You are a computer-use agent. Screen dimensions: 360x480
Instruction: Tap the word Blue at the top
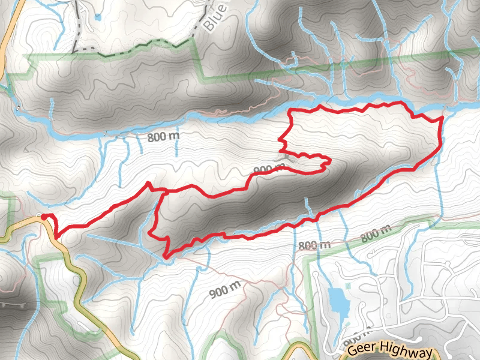[214, 19]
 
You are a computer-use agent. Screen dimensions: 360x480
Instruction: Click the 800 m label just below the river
[163, 137]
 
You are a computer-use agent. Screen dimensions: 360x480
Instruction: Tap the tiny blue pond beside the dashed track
[98, 17]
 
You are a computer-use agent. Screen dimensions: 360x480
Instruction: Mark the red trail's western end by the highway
[43, 217]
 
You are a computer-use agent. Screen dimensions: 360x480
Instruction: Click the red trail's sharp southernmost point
[165, 257]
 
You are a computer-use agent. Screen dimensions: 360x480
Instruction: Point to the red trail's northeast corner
[441, 118]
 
